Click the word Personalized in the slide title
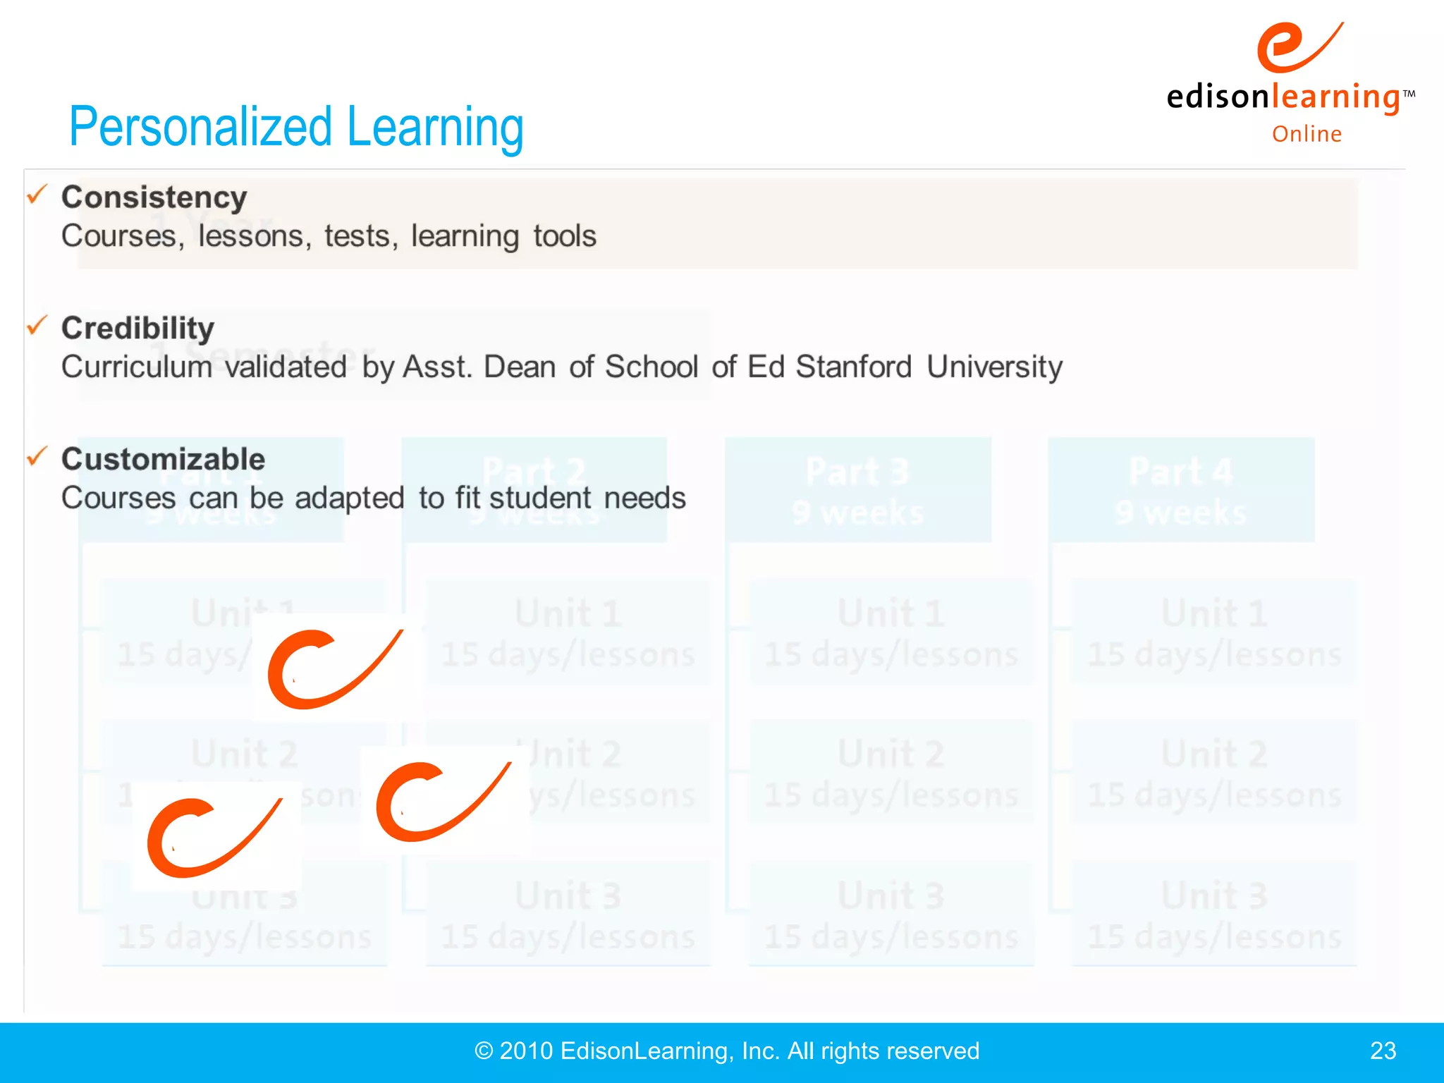(200, 128)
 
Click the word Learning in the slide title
(435, 128)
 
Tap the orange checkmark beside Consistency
(37, 194)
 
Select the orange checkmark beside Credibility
(37, 325)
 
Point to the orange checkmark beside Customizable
(37, 456)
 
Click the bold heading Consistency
(154, 197)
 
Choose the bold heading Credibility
(137, 329)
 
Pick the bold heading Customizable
(163, 460)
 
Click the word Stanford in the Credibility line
(853, 367)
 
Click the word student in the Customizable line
(540, 498)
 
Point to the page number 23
(1383, 1051)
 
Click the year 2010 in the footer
(526, 1051)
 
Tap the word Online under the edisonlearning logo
(1307, 134)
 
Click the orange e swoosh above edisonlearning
(1299, 47)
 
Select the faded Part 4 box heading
(1181, 472)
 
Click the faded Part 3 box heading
(857, 472)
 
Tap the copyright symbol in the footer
(484, 1051)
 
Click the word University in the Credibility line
(994, 367)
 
